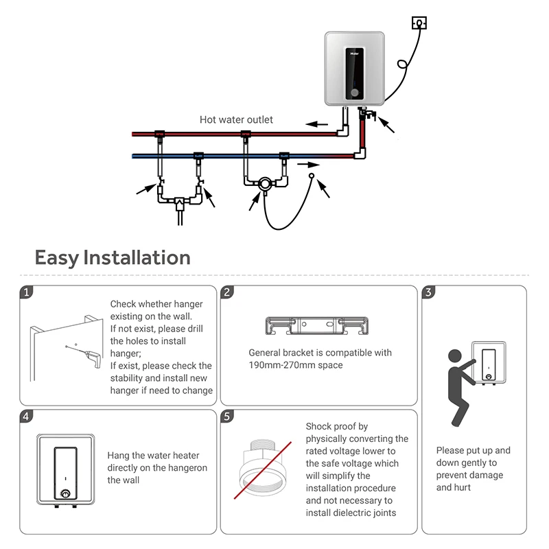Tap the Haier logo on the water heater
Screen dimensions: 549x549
pos(353,50)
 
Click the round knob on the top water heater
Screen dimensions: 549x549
pos(354,93)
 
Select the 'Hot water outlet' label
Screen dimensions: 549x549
pos(236,119)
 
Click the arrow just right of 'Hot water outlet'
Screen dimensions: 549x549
pos(316,124)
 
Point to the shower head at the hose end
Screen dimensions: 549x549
pos(312,177)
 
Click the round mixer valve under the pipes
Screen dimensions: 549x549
pos(264,184)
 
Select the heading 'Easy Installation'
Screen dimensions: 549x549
pos(113,258)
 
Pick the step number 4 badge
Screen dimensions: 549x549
pos(26,417)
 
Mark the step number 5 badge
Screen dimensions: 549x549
pos(227,417)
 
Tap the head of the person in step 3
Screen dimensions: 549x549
pos(455,356)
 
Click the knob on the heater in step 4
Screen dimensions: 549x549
pos(66,493)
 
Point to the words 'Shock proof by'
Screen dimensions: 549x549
pos(336,426)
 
